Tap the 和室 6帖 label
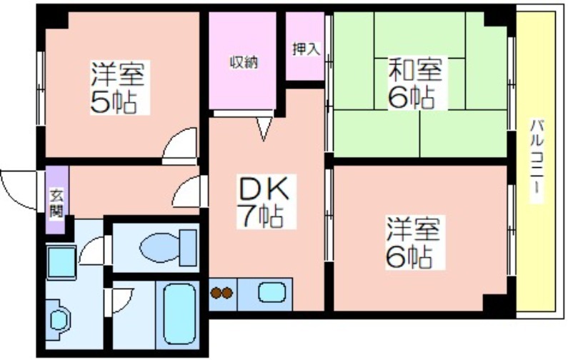point(415,83)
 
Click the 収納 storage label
point(244,62)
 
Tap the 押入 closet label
point(307,49)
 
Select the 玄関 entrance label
point(56,204)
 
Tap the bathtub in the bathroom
point(179,314)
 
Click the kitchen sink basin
point(272,293)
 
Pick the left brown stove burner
point(216,293)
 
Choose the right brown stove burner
point(227,293)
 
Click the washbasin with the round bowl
point(59,320)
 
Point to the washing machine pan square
point(61,262)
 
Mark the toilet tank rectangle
point(188,247)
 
